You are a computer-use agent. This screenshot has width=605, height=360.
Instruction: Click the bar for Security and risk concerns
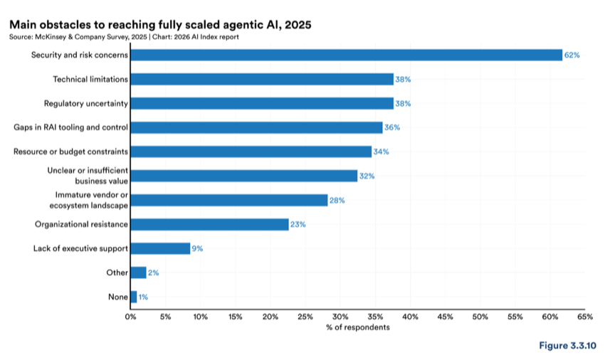click(x=347, y=55)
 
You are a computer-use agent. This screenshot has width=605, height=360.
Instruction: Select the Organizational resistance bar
click(x=209, y=225)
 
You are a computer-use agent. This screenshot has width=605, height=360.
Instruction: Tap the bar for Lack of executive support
click(x=161, y=248)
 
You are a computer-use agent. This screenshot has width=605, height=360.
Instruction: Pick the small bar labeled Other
click(x=139, y=272)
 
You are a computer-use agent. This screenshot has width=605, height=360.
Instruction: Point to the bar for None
click(x=134, y=297)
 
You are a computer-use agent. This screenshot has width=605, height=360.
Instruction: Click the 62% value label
click(x=572, y=55)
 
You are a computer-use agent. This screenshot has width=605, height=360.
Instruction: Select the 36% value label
click(x=392, y=127)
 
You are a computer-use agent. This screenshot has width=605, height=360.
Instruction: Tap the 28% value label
click(x=337, y=200)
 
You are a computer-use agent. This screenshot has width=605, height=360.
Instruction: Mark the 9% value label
click(x=197, y=248)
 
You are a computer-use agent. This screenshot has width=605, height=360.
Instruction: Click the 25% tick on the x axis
click(x=305, y=317)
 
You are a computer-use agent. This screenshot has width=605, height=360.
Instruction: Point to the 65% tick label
click(x=585, y=317)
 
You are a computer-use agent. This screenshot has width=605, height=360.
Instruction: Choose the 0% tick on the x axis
click(x=130, y=317)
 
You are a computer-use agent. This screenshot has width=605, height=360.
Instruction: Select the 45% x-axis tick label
click(x=446, y=317)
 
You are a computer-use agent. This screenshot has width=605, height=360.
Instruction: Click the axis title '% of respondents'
click(x=358, y=327)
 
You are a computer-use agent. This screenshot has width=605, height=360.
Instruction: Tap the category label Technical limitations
click(x=90, y=79)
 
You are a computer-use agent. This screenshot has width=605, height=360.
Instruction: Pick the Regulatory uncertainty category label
click(x=85, y=103)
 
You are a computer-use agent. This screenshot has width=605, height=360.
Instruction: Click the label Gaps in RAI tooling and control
click(x=70, y=127)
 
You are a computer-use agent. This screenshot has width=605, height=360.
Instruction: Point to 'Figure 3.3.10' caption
click(x=567, y=345)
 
